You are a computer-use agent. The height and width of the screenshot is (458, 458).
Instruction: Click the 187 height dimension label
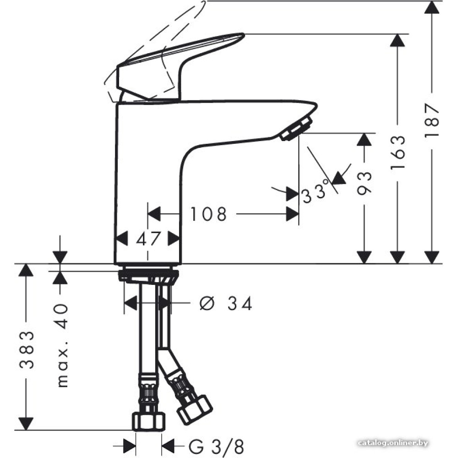432,120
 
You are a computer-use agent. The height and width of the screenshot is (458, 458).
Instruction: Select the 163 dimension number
398,153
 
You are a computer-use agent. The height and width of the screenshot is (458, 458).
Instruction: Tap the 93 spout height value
364,183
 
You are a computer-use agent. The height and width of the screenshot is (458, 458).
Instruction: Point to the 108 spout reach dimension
208,214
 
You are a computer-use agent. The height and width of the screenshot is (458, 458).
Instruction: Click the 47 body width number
148,239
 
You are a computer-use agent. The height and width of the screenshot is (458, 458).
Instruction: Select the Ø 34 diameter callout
226,304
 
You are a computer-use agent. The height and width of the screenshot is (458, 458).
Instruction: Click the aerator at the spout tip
295,129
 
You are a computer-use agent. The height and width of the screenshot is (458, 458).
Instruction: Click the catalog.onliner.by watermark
393,443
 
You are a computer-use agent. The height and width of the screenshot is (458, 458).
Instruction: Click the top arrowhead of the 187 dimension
432,7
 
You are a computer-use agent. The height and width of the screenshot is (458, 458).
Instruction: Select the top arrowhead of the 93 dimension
364,139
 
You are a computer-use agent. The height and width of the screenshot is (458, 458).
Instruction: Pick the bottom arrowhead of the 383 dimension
26,424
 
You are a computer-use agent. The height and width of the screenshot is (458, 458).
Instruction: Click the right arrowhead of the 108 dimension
292,214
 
